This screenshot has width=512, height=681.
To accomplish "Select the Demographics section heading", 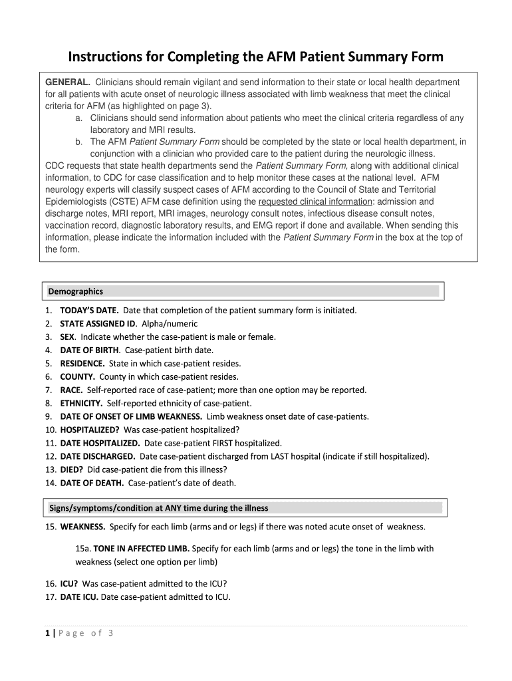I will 75,291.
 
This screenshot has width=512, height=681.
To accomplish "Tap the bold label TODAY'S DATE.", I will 89,310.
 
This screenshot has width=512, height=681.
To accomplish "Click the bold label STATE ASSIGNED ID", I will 97,323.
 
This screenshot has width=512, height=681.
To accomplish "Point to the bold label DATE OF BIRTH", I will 90,350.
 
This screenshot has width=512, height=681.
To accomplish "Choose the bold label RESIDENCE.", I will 82,363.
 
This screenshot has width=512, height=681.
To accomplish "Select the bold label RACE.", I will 71,390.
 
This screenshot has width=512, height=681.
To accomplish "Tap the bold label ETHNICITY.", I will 81,403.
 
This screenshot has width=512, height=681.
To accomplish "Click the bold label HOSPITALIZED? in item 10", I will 90,430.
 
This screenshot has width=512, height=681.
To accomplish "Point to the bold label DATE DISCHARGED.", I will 98,456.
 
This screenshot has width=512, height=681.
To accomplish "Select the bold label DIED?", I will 76,470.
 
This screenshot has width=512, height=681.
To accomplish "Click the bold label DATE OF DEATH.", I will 92,483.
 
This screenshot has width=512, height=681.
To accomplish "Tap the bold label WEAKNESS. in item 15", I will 82,527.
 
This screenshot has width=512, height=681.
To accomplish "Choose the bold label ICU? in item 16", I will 68,583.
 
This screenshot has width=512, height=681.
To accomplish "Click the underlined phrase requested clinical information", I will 315,202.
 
